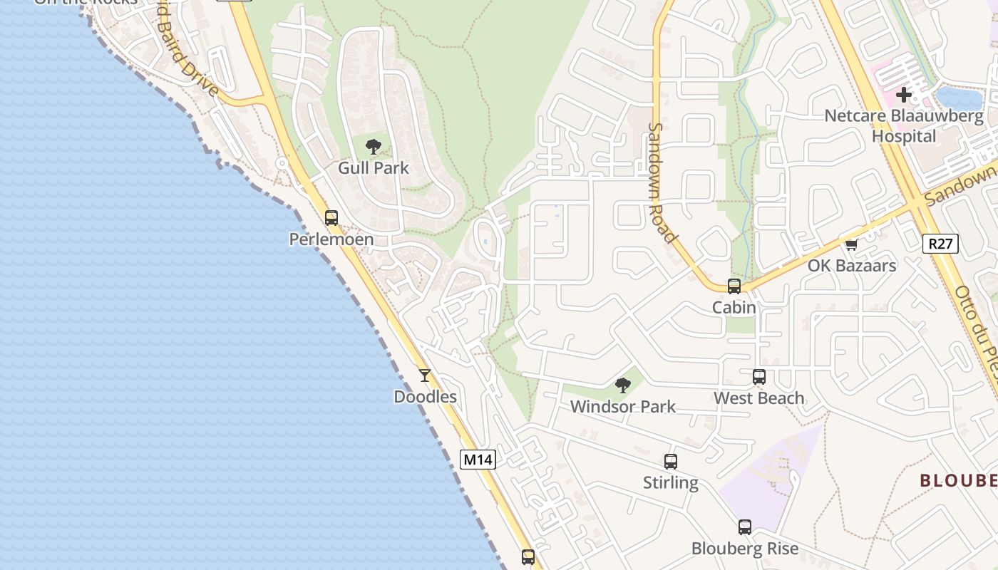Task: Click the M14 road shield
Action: pyautogui.click(x=477, y=460)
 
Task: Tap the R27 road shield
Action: pyautogui.click(x=941, y=244)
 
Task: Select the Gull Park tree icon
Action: pyautogui.click(x=373, y=147)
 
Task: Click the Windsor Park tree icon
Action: pyautogui.click(x=623, y=385)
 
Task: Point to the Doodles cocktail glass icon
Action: pyautogui.click(x=425, y=375)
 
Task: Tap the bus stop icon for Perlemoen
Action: pyautogui.click(x=331, y=217)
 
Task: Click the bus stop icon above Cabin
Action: pyautogui.click(x=734, y=286)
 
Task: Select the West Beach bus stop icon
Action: pyautogui.click(x=759, y=377)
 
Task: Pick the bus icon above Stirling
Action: pyautogui.click(x=671, y=462)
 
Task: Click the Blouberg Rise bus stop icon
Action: pyautogui.click(x=745, y=527)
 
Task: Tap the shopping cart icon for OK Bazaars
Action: pyautogui.click(x=851, y=245)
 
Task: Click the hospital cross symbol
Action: pyautogui.click(x=904, y=94)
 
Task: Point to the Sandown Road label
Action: pyautogui.click(x=662, y=183)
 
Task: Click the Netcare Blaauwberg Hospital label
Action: pyautogui.click(x=904, y=125)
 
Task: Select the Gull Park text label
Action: pyautogui.click(x=374, y=168)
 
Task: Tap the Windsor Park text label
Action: pyautogui.click(x=623, y=407)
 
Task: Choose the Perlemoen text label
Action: pyautogui.click(x=331, y=239)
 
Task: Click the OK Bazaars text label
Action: pyautogui.click(x=852, y=266)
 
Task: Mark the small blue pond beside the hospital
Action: pyautogui.click(x=959, y=97)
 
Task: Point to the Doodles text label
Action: pyautogui.click(x=425, y=397)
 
